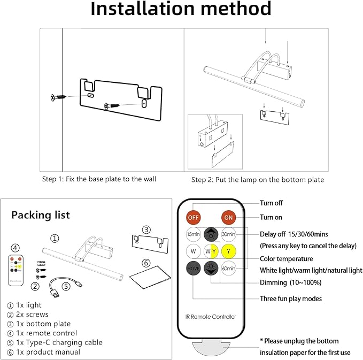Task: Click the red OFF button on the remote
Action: click(194, 218)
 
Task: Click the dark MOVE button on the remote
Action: click(194, 268)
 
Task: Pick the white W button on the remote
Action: click(194, 251)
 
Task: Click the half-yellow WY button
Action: click(211, 251)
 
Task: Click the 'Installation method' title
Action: click(181, 10)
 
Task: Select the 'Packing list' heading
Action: click(41, 215)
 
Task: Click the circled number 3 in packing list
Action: click(146, 230)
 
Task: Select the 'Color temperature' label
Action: click(287, 259)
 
